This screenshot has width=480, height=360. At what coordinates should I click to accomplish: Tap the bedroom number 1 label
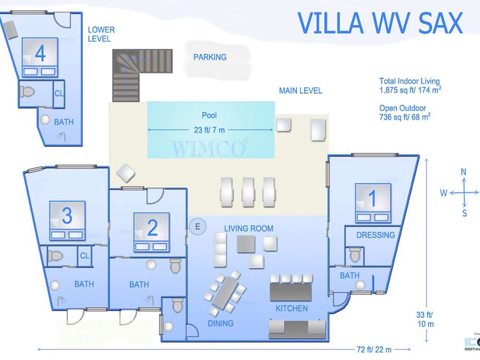tap(371, 197)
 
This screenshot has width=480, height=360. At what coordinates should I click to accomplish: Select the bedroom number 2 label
tap(152, 227)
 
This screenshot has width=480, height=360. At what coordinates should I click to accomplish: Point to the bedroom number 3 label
tap(67, 214)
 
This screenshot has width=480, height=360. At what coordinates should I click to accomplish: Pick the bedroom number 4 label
tap(40, 54)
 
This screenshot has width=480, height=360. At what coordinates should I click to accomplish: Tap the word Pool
tap(209, 115)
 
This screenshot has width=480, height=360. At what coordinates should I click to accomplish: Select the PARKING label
tap(210, 58)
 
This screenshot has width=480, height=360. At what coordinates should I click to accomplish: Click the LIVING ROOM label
tap(248, 229)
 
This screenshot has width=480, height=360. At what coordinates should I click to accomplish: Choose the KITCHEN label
tap(291, 309)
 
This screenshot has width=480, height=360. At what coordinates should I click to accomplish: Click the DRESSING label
tap(376, 235)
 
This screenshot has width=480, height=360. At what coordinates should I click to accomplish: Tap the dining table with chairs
tap(227, 292)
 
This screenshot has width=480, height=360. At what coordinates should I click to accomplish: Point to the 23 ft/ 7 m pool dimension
tap(210, 130)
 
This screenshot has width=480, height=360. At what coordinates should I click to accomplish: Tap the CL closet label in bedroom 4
tap(59, 93)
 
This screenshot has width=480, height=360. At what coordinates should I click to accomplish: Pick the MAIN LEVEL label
tap(301, 91)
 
